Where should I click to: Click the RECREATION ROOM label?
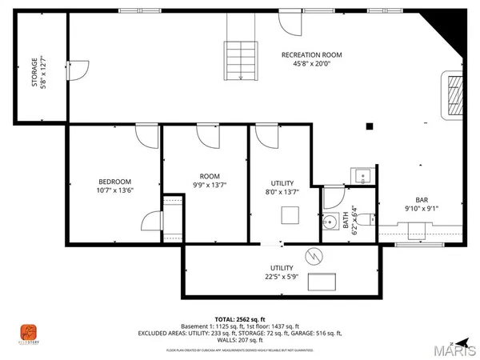[x=311, y=55]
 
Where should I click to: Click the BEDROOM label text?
[x=114, y=182]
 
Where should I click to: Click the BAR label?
[x=421, y=200]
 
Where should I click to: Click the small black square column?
[x=369, y=126]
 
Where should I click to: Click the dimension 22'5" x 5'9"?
[x=282, y=278]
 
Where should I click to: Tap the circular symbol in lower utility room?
[x=314, y=256]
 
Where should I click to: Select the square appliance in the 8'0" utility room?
[x=290, y=215]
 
